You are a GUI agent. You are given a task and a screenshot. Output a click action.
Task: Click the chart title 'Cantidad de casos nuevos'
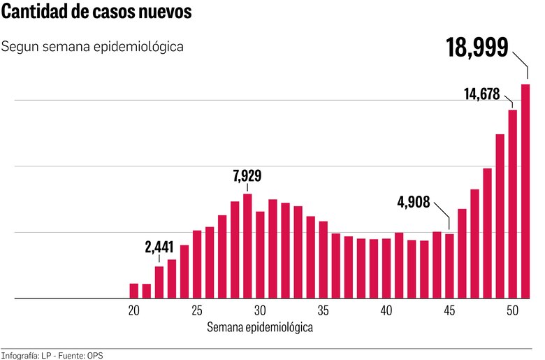click(96, 13)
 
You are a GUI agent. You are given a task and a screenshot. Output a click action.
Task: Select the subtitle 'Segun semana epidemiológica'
click(93, 47)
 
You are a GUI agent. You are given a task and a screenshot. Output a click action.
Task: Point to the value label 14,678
click(481, 94)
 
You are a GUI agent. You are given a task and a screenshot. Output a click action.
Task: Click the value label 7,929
click(247, 175)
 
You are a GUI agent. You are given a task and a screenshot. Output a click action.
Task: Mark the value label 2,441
click(159, 247)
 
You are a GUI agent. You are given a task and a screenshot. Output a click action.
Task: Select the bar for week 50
click(512, 203)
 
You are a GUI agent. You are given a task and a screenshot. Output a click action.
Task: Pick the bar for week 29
click(247, 246)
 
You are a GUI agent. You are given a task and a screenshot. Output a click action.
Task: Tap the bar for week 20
click(134, 291)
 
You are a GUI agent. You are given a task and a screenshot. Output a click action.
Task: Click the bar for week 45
click(449, 266)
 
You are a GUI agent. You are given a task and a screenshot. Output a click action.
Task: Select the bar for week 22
click(159, 282)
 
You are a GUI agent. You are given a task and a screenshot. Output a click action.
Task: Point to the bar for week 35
click(323, 259)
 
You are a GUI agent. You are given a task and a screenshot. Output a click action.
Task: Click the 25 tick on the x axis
click(197, 310)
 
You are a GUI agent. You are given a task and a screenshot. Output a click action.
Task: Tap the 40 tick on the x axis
click(386, 310)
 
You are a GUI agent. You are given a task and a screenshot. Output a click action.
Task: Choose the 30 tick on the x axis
click(260, 310)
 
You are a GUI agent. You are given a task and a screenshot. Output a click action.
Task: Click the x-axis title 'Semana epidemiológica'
click(260, 326)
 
